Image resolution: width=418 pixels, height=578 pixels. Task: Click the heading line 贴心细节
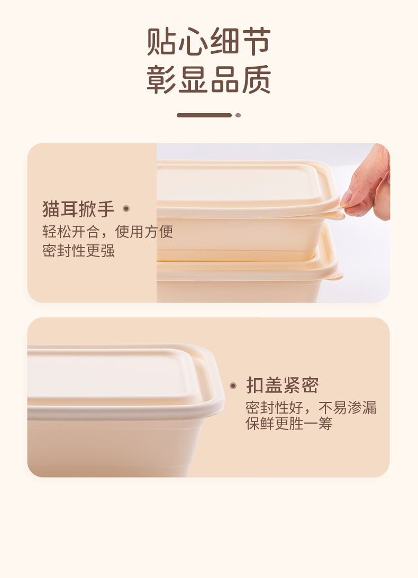209,41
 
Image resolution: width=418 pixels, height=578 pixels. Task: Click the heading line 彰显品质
209,79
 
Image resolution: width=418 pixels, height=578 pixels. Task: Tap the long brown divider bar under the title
204,115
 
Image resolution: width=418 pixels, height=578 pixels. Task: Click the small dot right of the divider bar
238,115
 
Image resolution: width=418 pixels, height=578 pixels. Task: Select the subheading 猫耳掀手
78,209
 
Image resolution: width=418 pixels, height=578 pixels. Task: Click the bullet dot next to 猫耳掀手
126,209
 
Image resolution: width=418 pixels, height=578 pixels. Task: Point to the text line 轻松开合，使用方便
107,232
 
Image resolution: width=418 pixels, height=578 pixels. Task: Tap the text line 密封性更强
78,251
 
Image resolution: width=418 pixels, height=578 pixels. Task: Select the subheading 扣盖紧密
282,385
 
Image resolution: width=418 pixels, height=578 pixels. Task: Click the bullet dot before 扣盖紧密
233,386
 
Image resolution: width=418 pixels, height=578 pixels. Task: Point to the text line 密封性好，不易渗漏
311,408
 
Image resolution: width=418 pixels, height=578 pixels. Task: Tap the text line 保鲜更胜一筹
289,423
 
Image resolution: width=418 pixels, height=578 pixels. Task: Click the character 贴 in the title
161,41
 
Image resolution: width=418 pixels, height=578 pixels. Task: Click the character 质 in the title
257,79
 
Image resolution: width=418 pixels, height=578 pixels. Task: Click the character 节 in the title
257,41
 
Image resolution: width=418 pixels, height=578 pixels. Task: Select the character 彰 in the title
161,79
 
